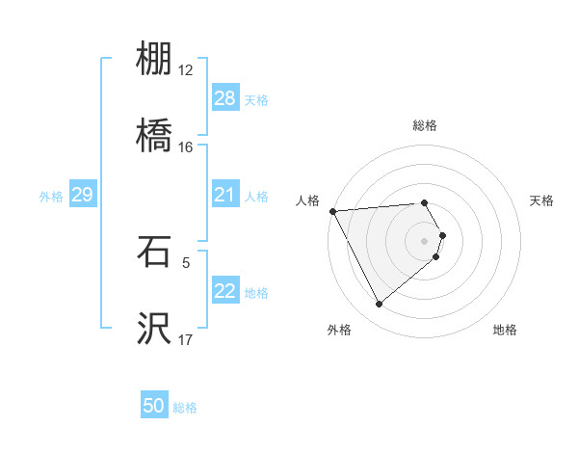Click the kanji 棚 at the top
[154, 60]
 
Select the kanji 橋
[154, 134]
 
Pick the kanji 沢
[154, 327]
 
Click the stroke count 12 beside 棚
[186, 70]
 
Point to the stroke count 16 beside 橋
[186, 147]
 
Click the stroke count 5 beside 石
[186, 261]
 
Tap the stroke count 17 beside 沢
[186, 339]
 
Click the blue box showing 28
[224, 98]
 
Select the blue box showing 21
[224, 195]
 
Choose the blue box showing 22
[224, 291]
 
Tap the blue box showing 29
[82, 195]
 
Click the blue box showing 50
[154, 406]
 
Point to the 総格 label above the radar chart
[424, 125]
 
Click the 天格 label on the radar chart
[542, 200]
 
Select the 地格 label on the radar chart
[505, 330]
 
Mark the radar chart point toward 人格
[332, 211]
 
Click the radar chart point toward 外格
[379, 305]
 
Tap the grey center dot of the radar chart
[425, 239]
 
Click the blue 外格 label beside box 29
[51, 196]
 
